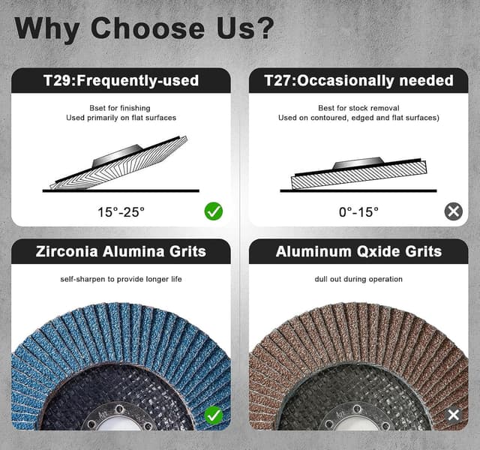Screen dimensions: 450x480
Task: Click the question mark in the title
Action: pyautogui.click(x=262, y=28)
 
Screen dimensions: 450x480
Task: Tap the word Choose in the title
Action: pyautogui.click(x=147, y=28)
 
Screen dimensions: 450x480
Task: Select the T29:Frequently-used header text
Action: pyautogui.click(x=121, y=80)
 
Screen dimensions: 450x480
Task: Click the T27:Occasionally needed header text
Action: pyautogui.click(x=358, y=80)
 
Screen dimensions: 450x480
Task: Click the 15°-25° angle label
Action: pyautogui.click(x=121, y=212)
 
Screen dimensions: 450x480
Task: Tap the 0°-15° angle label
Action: pyautogui.click(x=358, y=212)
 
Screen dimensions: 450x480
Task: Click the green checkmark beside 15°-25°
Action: pyautogui.click(x=214, y=211)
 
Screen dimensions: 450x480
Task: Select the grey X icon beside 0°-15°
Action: pyautogui.click(x=453, y=211)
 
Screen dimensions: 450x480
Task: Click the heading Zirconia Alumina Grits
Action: pyautogui.click(x=121, y=251)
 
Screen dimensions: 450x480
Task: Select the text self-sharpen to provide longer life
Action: pyautogui.click(x=121, y=279)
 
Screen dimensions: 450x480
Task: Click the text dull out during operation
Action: pyautogui.click(x=358, y=279)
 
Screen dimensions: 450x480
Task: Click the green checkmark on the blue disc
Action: pyautogui.click(x=214, y=414)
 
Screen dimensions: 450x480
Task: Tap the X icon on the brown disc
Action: pyautogui.click(x=453, y=414)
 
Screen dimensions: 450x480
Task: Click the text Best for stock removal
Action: pyautogui.click(x=358, y=108)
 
